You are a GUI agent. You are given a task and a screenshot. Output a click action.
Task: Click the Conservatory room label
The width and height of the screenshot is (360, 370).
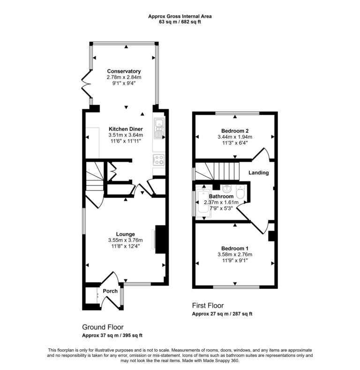124,71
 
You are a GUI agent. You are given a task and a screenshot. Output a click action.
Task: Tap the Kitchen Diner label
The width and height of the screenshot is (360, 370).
126,129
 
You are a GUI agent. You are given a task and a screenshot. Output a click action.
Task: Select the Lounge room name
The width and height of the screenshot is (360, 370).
126,234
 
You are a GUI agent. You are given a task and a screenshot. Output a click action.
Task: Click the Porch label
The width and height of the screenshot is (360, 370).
110,291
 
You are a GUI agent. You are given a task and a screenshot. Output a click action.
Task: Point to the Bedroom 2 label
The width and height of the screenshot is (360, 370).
235,130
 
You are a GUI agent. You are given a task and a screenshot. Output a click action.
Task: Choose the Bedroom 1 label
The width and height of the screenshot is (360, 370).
235,248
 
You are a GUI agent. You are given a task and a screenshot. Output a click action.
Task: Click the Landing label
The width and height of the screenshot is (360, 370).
258,173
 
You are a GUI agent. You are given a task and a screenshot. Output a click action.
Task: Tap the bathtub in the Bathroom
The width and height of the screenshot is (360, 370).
203,205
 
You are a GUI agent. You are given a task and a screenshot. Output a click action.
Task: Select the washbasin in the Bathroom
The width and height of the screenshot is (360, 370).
226,189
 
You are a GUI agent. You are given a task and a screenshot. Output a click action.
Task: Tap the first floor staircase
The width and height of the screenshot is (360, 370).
217,171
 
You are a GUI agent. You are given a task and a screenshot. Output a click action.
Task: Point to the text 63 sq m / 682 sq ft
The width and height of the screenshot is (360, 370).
180,22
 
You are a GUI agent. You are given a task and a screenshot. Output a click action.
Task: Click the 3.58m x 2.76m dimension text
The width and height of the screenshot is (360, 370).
235,255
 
